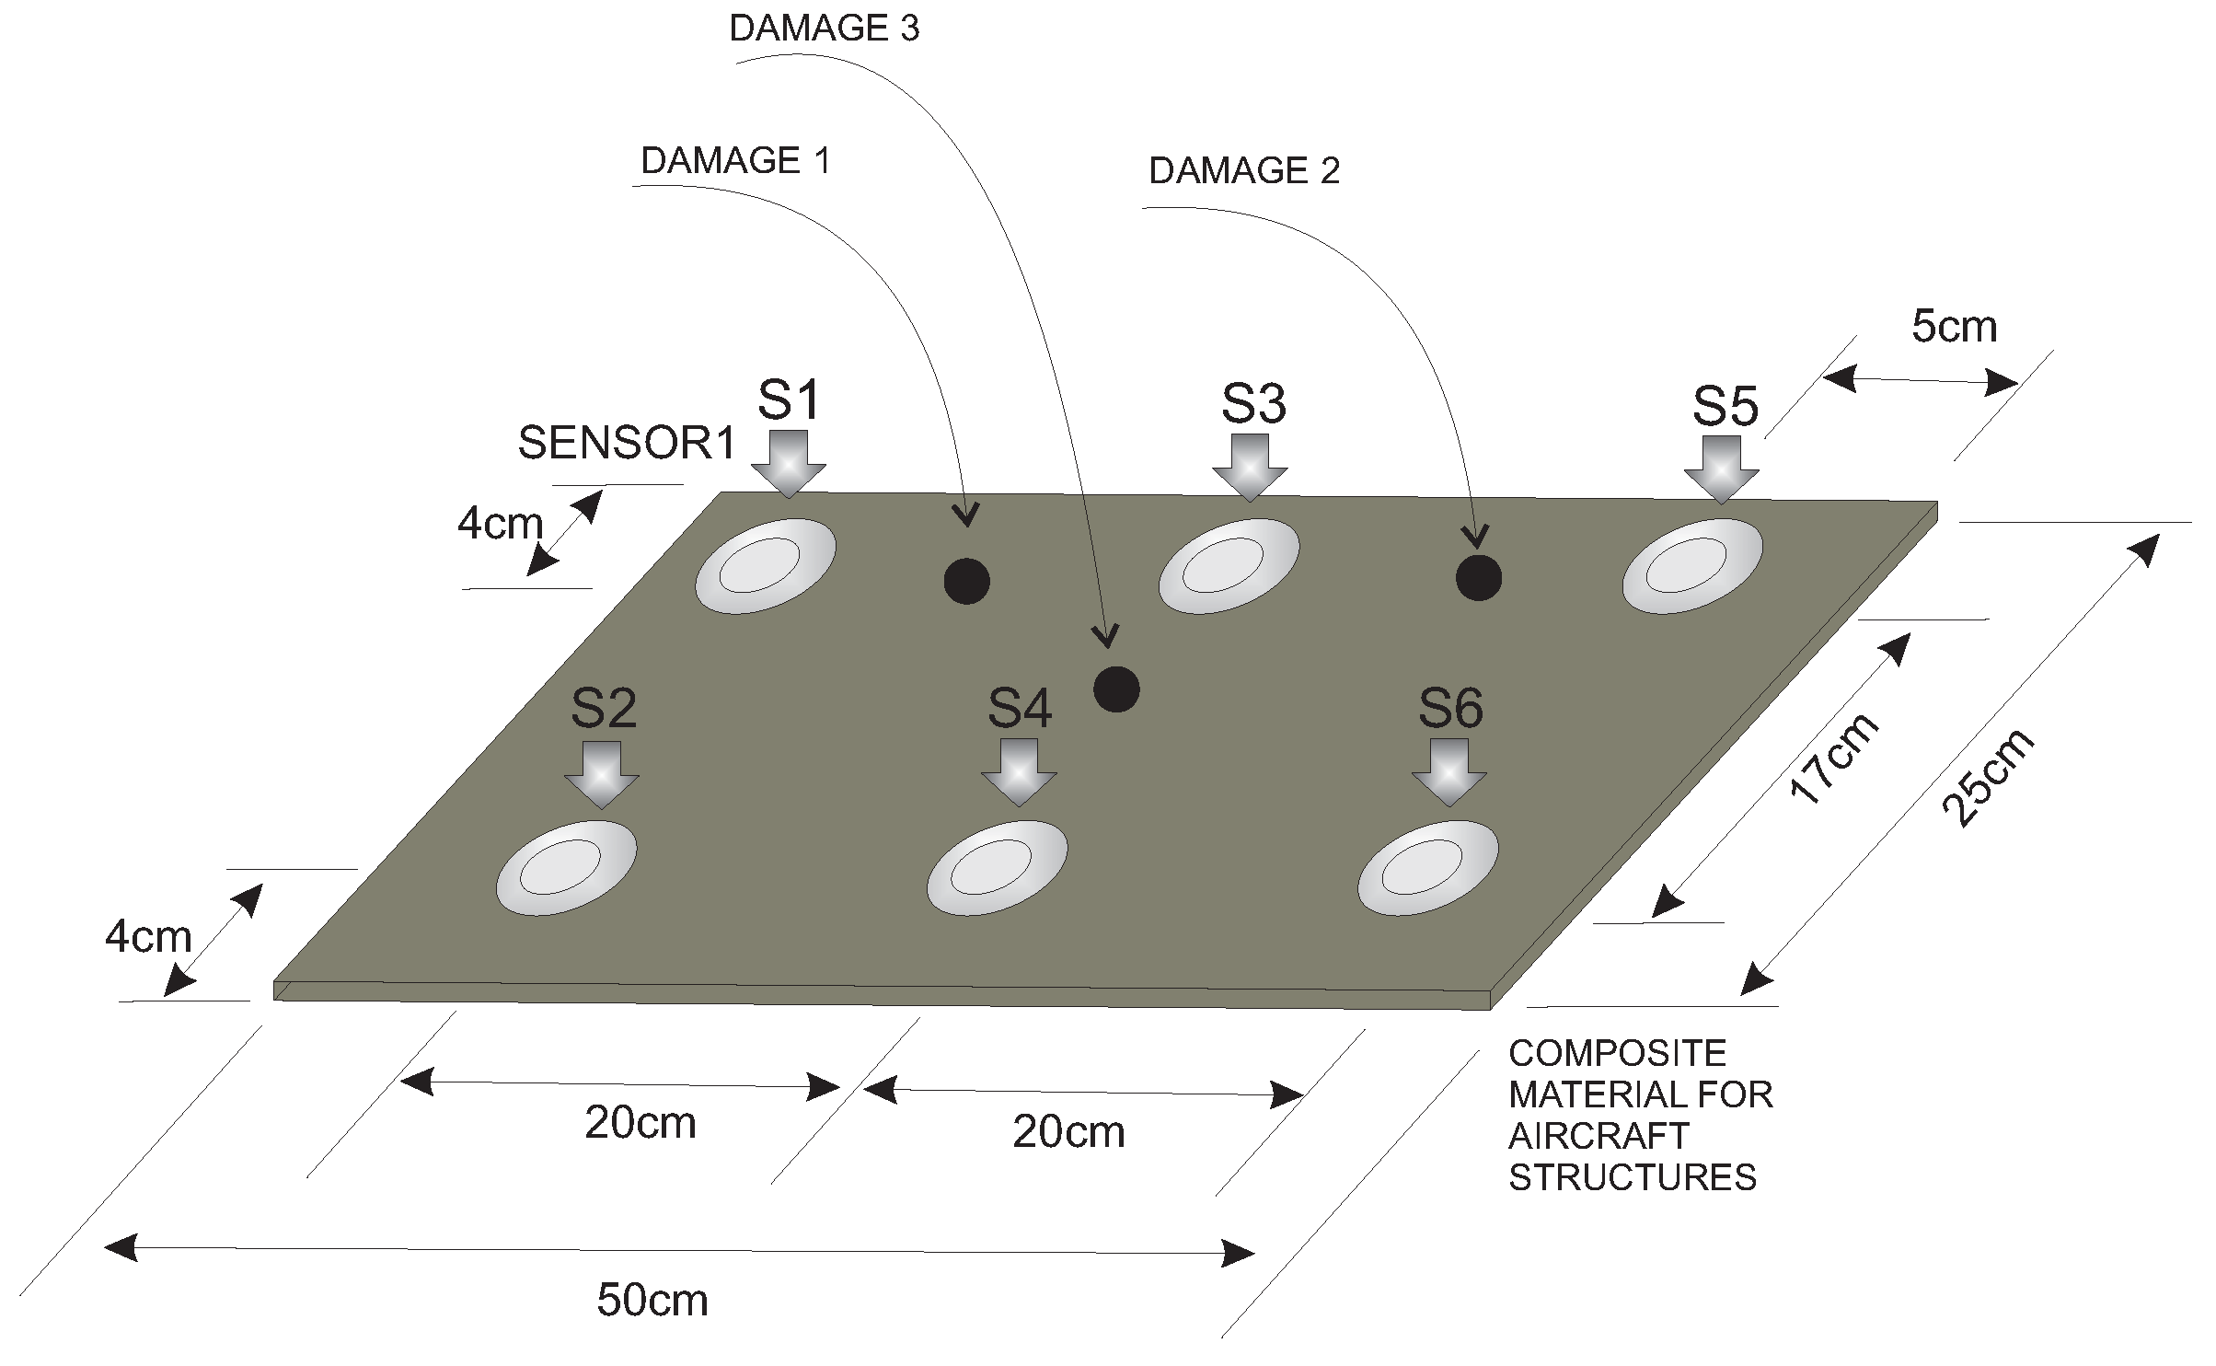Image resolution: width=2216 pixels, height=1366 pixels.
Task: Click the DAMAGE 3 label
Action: tap(824, 29)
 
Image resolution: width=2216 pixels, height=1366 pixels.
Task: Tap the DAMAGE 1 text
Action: tap(735, 161)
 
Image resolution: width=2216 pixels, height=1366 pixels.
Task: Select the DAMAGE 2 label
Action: tap(1244, 171)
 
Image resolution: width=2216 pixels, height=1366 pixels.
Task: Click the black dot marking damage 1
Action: tap(966, 581)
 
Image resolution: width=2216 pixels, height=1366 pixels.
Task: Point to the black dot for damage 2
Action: tap(1478, 577)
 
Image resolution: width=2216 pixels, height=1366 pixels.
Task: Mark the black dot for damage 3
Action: tap(1116, 689)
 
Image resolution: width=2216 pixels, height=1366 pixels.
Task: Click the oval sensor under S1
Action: tap(766, 565)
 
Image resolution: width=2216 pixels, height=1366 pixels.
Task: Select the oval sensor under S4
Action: tap(998, 867)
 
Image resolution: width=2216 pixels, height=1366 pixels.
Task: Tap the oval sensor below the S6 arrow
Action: tap(1428, 867)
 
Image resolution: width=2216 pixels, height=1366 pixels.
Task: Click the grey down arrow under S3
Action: tap(1250, 468)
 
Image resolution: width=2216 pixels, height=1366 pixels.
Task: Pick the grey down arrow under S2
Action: tap(602, 775)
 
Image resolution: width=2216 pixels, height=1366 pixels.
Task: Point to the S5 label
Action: tap(1725, 406)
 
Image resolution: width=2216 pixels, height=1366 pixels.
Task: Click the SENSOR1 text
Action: tap(628, 443)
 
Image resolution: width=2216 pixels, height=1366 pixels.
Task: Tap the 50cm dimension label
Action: tap(652, 1301)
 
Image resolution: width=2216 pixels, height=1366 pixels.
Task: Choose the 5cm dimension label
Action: tap(1955, 327)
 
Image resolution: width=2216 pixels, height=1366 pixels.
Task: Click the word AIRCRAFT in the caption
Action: tap(1599, 1136)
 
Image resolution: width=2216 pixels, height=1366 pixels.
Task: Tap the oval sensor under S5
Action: tap(1692, 565)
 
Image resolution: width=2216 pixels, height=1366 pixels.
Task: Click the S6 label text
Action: tap(1450, 709)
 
